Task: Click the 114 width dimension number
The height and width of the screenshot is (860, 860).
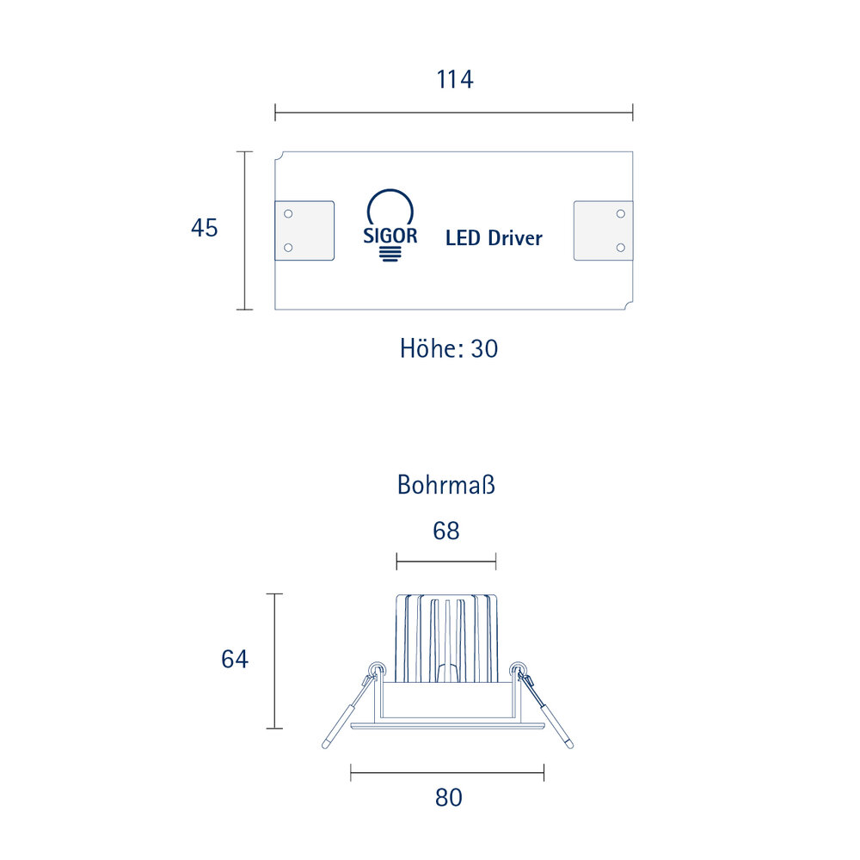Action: (x=455, y=79)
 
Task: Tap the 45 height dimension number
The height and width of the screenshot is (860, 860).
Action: (x=204, y=228)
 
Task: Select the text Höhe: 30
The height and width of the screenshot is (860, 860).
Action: (x=449, y=349)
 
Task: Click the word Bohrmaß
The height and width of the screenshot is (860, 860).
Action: (x=445, y=485)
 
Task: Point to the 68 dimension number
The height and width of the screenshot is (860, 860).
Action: (x=445, y=531)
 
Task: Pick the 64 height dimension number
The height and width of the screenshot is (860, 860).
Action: (x=235, y=660)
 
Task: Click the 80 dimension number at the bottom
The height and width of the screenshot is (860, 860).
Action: (x=449, y=798)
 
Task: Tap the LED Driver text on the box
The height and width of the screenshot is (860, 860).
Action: (x=494, y=238)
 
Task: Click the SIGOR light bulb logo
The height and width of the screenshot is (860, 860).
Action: (x=390, y=225)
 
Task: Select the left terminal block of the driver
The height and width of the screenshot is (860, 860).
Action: (x=304, y=230)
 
